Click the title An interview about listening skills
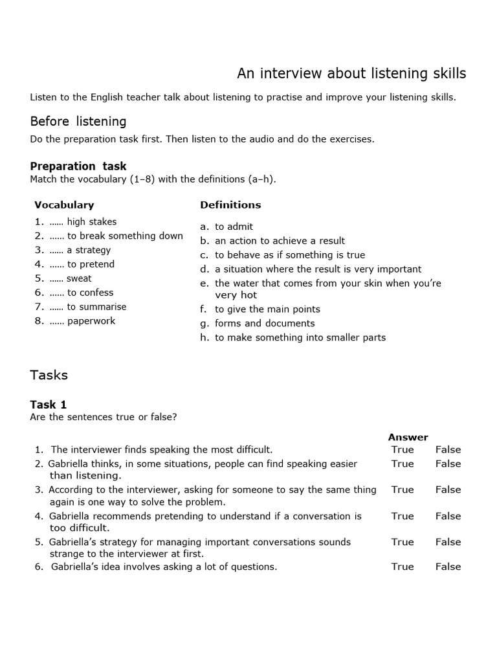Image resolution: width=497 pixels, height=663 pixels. point(351,74)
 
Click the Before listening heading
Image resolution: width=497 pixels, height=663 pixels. point(78,122)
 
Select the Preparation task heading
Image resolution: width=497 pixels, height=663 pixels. point(78,166)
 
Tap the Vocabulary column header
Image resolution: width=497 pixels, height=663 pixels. point(64,205)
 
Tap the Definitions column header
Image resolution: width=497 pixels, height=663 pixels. point(230,205)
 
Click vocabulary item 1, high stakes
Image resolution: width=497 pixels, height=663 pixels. point(91,222)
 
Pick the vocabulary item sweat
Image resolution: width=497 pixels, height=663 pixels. point(79,278)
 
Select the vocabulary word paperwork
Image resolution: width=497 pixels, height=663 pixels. point(91,321)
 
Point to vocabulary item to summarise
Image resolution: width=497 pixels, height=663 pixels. point(96,307)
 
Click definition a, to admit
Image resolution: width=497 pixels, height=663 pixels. point(234,227)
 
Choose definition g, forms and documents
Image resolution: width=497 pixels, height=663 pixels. point(265,323)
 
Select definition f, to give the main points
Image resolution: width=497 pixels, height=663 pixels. point(267,309)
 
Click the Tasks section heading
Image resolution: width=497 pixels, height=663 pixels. point(49,375)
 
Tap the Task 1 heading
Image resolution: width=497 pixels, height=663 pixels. point(49,405)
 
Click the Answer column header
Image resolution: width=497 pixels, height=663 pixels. point(408,437)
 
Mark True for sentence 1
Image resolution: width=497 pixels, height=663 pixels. point(403,449)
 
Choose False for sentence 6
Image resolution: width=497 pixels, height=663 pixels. point(448,567)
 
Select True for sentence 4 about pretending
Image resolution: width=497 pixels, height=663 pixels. point(403,516)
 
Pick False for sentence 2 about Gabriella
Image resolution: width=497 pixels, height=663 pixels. point(448,464)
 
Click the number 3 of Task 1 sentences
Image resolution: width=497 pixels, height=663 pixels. point(39,490)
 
